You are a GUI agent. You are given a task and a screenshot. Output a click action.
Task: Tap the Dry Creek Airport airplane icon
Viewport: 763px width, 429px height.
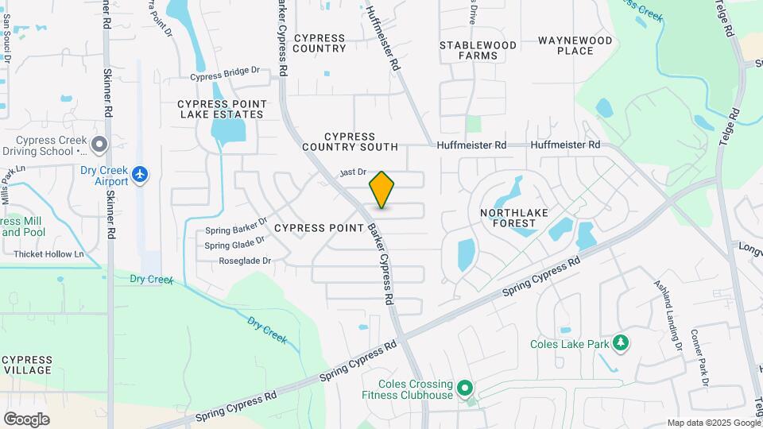[140, 173]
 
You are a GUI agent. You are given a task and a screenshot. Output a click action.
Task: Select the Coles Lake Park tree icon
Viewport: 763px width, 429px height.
[620, 343]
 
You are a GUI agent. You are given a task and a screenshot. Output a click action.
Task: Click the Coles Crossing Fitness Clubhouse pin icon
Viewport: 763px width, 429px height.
[465, 389]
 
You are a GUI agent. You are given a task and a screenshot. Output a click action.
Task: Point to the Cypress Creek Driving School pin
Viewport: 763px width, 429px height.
[99, 145]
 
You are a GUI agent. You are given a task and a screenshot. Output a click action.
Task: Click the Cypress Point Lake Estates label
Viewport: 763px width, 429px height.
[220, 109]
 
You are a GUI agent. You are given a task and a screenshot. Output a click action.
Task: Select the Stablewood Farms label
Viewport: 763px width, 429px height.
[478, 50]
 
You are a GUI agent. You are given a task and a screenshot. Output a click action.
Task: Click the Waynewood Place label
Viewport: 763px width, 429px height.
[575, 45]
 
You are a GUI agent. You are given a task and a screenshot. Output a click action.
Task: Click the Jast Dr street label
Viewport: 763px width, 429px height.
[352, 172]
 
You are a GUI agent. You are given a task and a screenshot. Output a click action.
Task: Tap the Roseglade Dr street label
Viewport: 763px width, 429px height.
[244, 261]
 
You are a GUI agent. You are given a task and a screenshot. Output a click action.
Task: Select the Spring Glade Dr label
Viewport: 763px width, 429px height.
[234, 245]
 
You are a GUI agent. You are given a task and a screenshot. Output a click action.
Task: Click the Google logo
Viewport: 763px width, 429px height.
[26, 419]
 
